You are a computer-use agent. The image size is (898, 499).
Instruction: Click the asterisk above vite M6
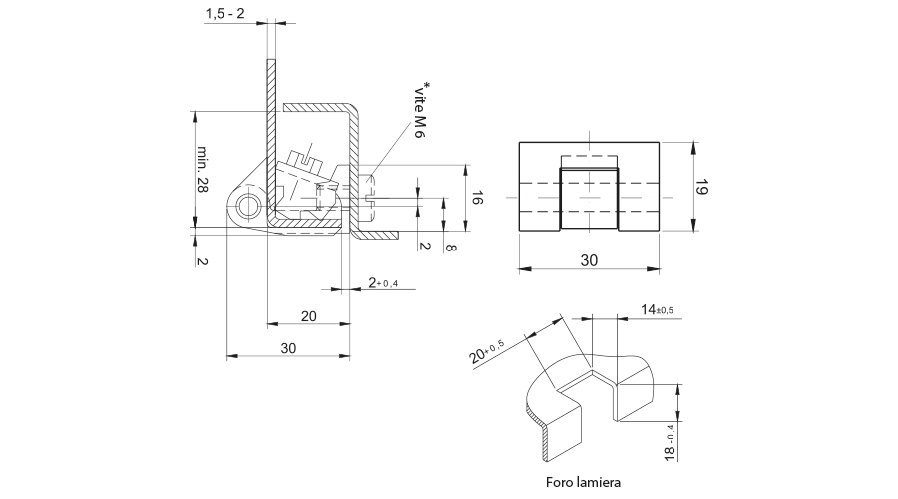427,86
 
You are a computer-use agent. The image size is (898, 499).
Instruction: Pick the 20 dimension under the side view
308,316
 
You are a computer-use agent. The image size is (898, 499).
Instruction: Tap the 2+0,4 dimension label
382,283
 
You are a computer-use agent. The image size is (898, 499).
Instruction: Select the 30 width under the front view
589,260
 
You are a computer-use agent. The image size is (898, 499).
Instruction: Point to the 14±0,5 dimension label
657,310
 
